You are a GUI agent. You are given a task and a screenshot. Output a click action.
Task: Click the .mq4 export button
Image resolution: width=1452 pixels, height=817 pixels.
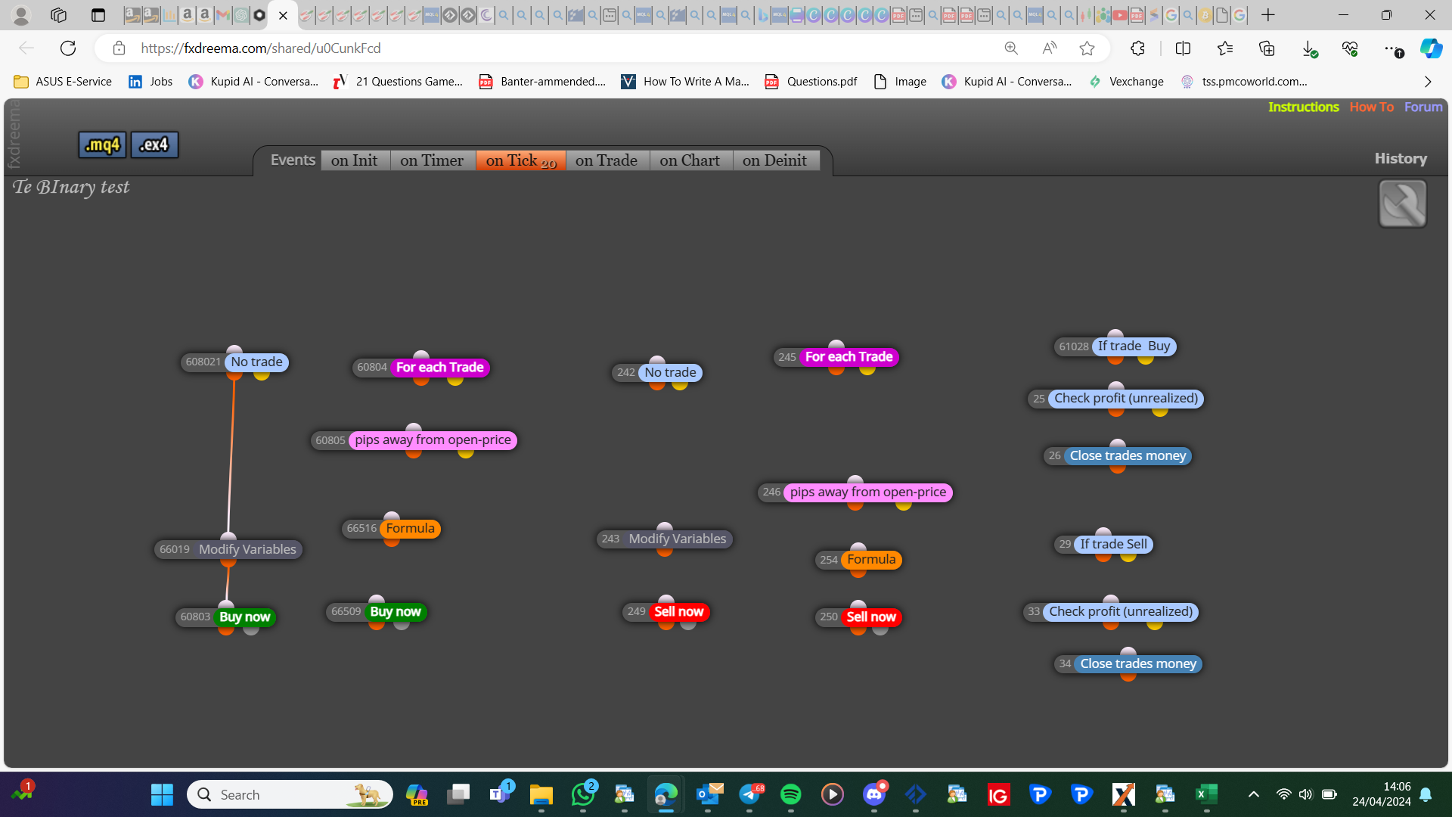click(x=102, y=144)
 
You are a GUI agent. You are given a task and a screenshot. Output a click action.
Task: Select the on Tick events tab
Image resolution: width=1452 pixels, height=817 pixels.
click(x=521, y=160)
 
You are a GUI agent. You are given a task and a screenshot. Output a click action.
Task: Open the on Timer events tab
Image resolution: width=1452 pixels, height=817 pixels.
click(x=432, y=160)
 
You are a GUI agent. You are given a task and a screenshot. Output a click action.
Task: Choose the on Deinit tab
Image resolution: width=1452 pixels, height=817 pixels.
click(x=775, y=160)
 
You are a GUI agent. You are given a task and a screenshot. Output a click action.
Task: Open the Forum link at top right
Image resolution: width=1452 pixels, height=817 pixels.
click(x=1423, y=107)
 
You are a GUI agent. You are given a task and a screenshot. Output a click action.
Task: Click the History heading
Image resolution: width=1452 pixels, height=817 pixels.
click(x=1401, y=159)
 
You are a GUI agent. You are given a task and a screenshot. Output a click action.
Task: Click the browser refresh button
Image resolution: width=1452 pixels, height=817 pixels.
click(x=68, y=48)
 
